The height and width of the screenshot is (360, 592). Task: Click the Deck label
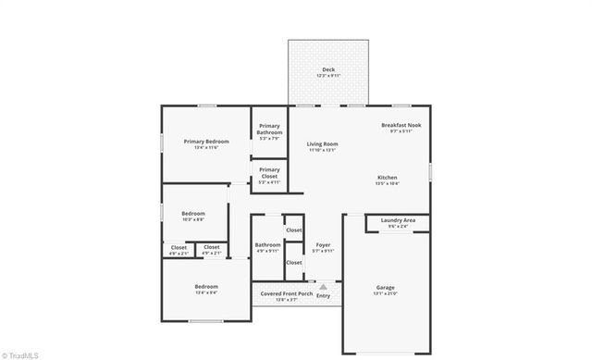point(328,69)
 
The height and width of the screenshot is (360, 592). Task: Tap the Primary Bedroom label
point(206,142)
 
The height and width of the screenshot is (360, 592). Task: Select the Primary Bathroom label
point(269,129)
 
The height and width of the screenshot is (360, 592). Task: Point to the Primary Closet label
point(269,172)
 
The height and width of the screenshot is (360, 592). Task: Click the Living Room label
point(323,143)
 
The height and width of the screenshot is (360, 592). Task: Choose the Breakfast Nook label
point(401,125)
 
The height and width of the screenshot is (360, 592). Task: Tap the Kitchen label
point(387,177)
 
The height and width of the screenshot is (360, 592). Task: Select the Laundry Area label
point(397,220)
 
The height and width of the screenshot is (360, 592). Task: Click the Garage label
point(385,287)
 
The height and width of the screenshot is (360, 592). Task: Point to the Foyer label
point(323,244)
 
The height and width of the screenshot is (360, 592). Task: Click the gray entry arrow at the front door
point(323,287)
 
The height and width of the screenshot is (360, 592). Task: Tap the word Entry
point(323,295)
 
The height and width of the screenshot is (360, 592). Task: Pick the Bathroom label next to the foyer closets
point(267,244)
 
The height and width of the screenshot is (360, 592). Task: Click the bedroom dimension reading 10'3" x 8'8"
point(193,218)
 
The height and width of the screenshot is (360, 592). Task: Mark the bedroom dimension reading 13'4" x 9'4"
point(206,292)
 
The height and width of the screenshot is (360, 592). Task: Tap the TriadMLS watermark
point(21,353)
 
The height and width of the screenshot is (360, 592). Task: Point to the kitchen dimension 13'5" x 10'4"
point(387,182)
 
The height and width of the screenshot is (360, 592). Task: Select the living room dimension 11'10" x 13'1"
point(323,149)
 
